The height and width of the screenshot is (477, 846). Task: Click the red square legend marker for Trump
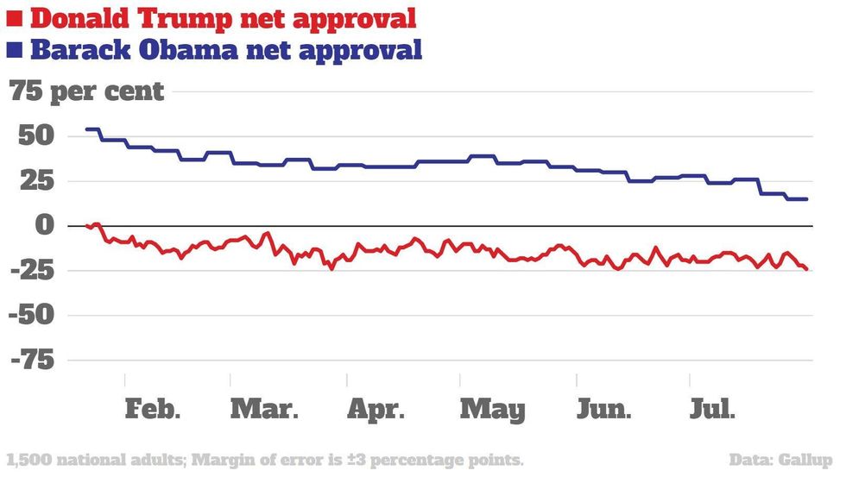coord(14,17)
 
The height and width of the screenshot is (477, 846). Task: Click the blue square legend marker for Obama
coord(14,51)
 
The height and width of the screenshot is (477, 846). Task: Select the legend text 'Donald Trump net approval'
coord(224,17)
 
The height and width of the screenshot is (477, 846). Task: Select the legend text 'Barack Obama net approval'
coord(226,49)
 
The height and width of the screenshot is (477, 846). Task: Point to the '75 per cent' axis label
coord(86,91)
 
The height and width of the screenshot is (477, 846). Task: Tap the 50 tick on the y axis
coord(33,136)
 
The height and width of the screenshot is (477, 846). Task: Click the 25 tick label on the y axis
coord(33,181)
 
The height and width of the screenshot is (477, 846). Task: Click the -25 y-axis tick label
coord(33,271)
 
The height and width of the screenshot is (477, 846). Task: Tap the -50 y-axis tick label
coord(33,316)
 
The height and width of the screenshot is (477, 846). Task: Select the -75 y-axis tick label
coord(33,361)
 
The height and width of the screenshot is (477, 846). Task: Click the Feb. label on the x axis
coord(153,409)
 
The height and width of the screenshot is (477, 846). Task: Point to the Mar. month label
coord(264,409)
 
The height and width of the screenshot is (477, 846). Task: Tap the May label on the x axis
coord(492,409)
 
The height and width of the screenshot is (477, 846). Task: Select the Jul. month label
coord(713,409)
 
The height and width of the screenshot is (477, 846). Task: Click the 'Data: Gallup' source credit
coord(781,459)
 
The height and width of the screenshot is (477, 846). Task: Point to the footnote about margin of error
coord(265,459)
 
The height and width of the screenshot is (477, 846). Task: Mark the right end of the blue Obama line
coord(807,199)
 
